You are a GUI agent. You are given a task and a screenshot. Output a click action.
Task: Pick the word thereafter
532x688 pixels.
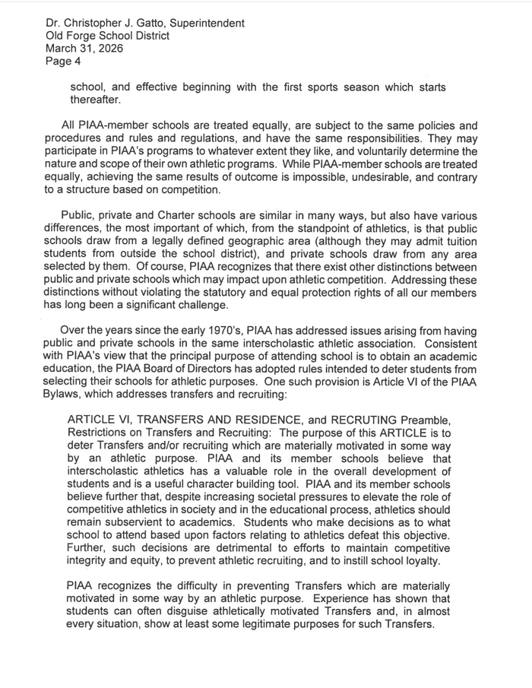pos(94,100)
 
